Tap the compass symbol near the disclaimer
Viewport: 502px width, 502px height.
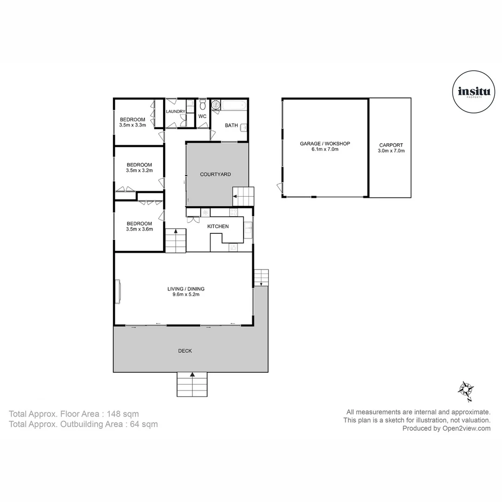pos(465,390)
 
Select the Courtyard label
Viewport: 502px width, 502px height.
pos(215,174)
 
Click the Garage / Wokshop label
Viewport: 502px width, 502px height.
pos(325,144)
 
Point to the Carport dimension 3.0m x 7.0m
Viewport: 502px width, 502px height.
pos(391,151)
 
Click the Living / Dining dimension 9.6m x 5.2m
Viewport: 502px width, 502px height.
pos(186,295)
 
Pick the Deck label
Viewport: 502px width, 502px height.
pos(185,351)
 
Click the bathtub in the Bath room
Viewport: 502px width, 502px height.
pos(234,106)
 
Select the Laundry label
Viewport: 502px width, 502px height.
pos(176,112)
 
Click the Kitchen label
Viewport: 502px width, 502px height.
pos(218,226)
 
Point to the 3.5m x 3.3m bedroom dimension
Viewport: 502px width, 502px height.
pos(132,125)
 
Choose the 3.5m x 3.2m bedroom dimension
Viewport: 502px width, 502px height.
pos(139,171)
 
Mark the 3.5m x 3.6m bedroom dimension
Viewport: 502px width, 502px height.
pos(139,229)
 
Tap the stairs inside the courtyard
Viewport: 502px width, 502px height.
pos(244,196)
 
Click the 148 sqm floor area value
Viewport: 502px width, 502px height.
pos(123,414)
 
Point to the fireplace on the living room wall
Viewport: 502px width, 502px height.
pos(119,291)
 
